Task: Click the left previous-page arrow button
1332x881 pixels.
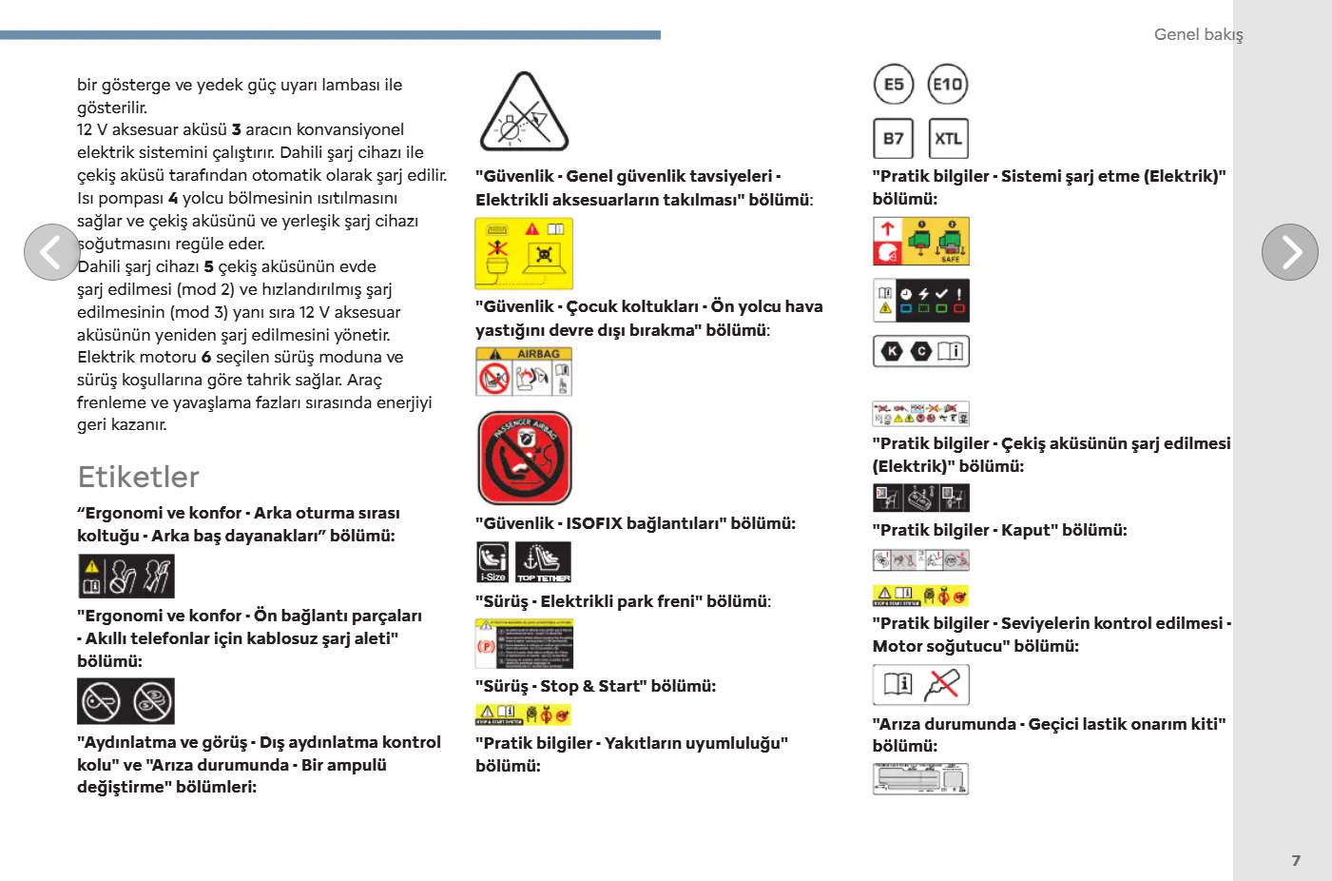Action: click(x=51, y=252)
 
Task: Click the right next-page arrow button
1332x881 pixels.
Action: click(x=1289, y=252)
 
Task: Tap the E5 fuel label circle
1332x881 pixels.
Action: click(x=894, y=85)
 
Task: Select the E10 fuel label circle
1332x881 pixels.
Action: click(x=947, y=85)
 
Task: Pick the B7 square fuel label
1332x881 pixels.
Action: click(x=894, y=139)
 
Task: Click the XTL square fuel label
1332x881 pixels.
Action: click(x=948, y=139)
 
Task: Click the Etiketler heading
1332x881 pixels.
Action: click(x=139, y=477)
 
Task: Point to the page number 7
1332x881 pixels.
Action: click(x=1296, y=860)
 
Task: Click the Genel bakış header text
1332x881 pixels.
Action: click(x=1198, y=34)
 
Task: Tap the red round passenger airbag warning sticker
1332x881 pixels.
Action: click(x=525, y=458)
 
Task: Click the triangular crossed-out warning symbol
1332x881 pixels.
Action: click(x=524, y=114)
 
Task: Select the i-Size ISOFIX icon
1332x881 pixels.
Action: click(x=492, y=561)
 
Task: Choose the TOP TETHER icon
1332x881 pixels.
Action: click(x=543, y=561)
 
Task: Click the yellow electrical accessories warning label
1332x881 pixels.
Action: click(x=524, y=253)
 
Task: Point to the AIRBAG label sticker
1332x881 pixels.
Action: click(x=524, y=371)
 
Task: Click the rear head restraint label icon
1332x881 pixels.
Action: click(x=125, y=577)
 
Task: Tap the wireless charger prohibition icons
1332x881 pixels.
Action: click(x=125, y=701)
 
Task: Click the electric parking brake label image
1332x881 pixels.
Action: click(x=524, y=644)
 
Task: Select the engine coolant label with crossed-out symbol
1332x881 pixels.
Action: click(x=920, y=684)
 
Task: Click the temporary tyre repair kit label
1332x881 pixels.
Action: click(x=920, y=778)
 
